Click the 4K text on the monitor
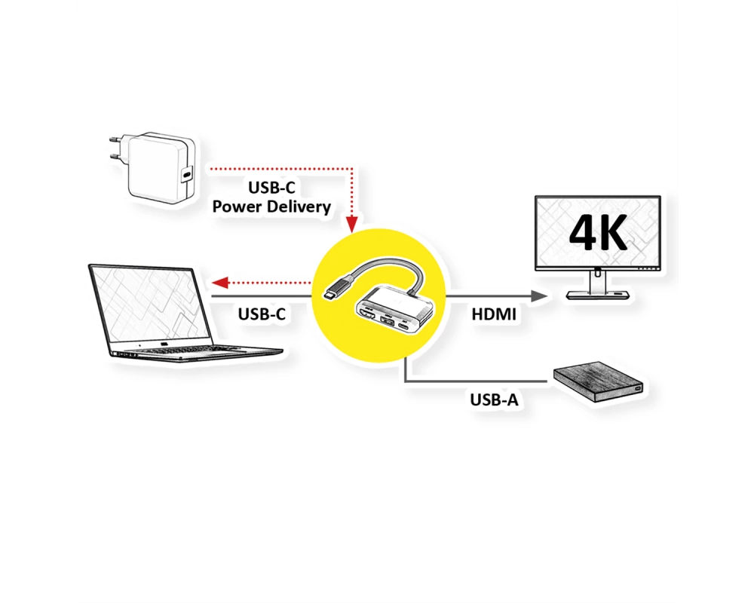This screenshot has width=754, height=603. (598, 233)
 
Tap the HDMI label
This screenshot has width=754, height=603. (494, 314)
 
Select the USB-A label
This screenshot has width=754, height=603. (495, 399)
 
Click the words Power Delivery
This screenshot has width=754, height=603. (271, 207)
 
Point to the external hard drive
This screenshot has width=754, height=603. (599, 382)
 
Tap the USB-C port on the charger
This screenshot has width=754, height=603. (187, 173)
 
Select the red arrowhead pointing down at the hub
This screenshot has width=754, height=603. (352, 224)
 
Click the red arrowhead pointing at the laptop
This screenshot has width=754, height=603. (219, 283)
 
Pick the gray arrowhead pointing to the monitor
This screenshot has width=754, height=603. (539, 296)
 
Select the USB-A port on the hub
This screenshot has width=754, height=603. (387, 321)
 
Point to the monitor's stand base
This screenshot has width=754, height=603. (599, 294)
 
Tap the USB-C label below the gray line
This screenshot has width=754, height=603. (262, 314)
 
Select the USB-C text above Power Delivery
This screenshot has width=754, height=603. (271, 188)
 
